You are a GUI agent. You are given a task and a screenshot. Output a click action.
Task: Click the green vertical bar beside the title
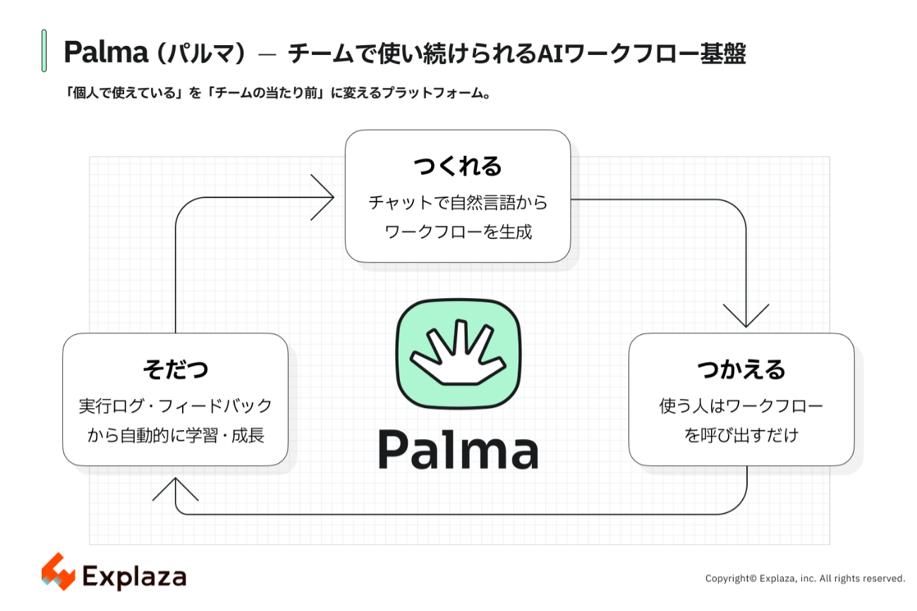pos(44,51)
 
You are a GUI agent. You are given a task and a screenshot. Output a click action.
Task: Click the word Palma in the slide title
pos(106,52)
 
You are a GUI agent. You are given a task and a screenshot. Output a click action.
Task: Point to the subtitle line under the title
pos(278,93)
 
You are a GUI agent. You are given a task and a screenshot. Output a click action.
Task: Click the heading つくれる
pos(458,166)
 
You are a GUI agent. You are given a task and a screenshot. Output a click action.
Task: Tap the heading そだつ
pos(175,369)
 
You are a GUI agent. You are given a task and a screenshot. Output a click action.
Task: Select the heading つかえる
pos(741,369)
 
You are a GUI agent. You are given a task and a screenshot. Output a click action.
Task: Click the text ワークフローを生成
pos(458,232)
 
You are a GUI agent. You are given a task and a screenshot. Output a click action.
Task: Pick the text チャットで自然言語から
pos(458,202)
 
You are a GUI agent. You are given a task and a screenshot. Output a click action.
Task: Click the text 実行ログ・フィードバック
pos(175,406)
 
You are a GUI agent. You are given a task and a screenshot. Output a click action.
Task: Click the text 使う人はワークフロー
pos(741,406)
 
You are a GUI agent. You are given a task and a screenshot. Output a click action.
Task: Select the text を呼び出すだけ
pos(741,435)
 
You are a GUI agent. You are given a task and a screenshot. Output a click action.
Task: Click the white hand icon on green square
pos(458,354)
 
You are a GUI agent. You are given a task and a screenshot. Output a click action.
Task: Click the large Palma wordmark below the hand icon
pos(458,450)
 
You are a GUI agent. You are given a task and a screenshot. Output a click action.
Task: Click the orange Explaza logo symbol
pos(58,572)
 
